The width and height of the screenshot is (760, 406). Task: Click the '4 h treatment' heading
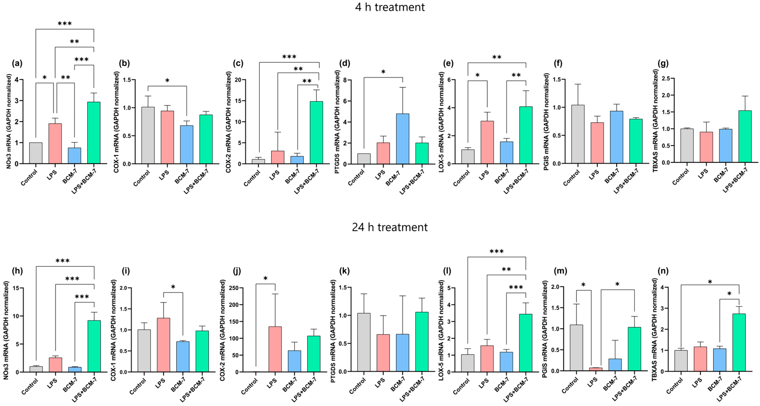pyautogui.click(x=390, y=7)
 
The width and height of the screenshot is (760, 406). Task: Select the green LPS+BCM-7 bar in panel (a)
pyautogui.click(x=94, y=133)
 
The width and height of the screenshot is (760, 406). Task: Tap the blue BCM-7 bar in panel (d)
pyautogui.click(x=402, y=139)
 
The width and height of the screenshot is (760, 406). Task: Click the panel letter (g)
pyautogui.click(x=663, y=63)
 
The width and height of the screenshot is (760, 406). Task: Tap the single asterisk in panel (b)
pyautogui.click(x=167, y=81)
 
